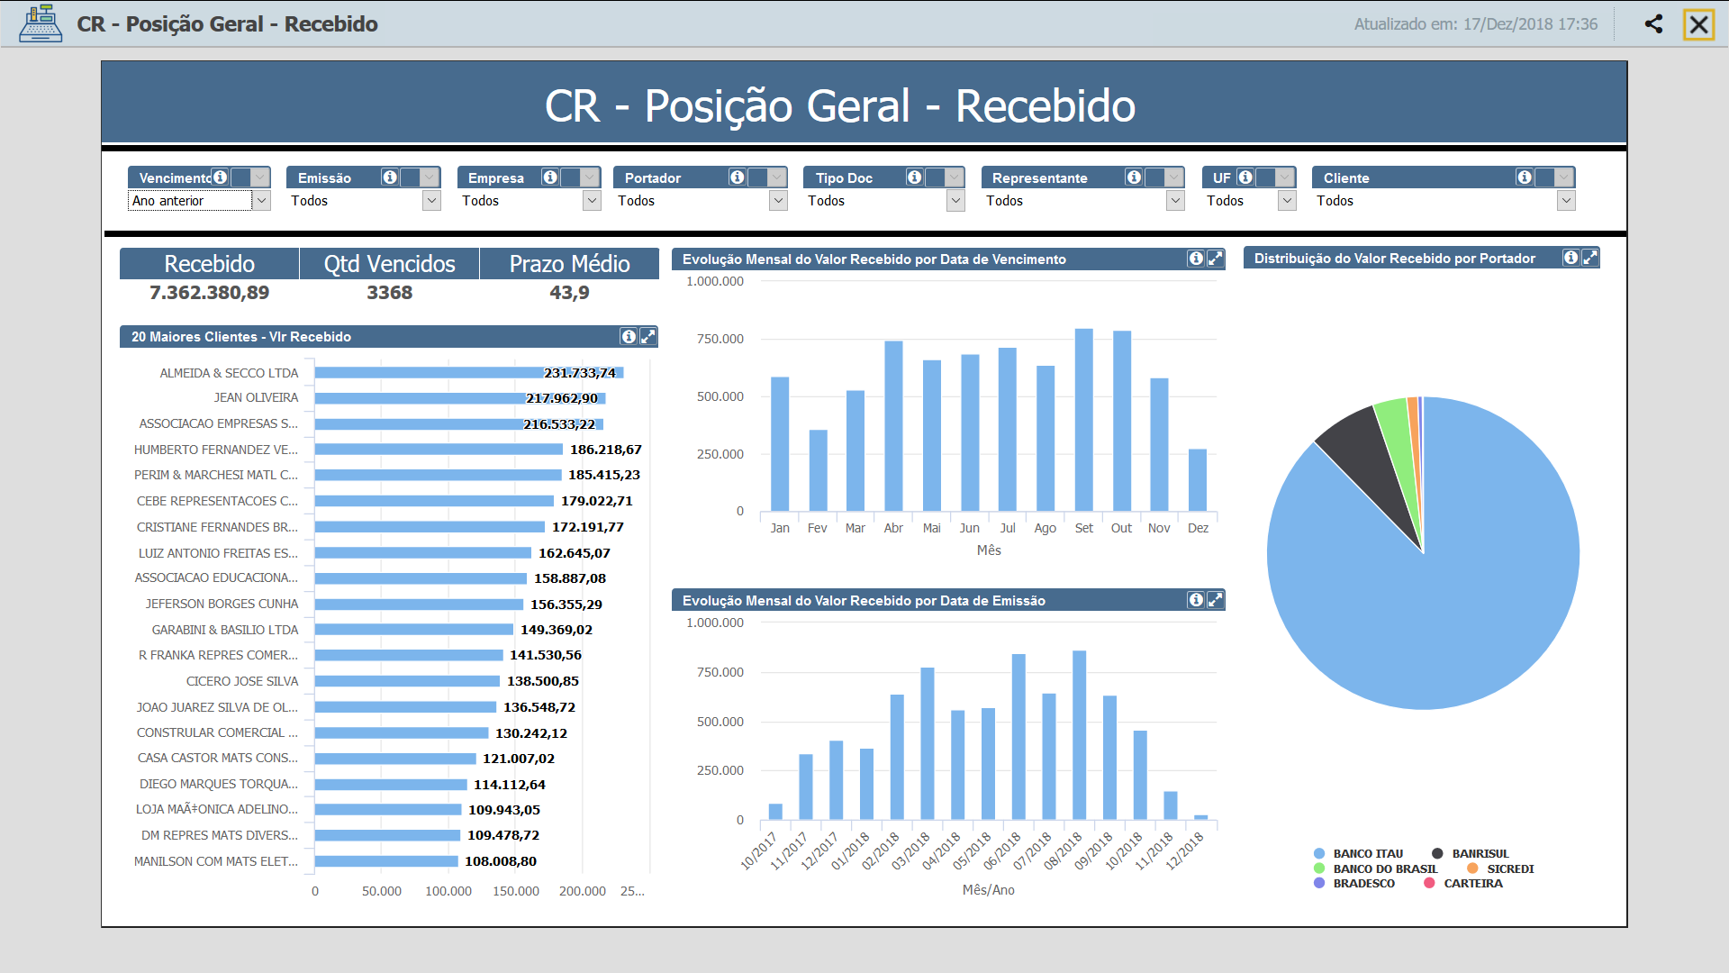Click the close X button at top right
click(1698, 24)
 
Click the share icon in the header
click(1653, 24)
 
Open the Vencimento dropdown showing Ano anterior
click(261, 201)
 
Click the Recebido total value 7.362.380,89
click(209, 293)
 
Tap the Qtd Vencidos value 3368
click(389, 293)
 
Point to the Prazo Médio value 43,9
click(569, 293)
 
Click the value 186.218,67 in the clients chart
click(605, 450)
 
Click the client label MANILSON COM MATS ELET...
click(216, 861)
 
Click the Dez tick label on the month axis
click(1198, 528)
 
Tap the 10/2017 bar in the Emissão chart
click(775, 811)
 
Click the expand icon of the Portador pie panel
click(1590, 259)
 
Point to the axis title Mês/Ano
click(988, 890)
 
